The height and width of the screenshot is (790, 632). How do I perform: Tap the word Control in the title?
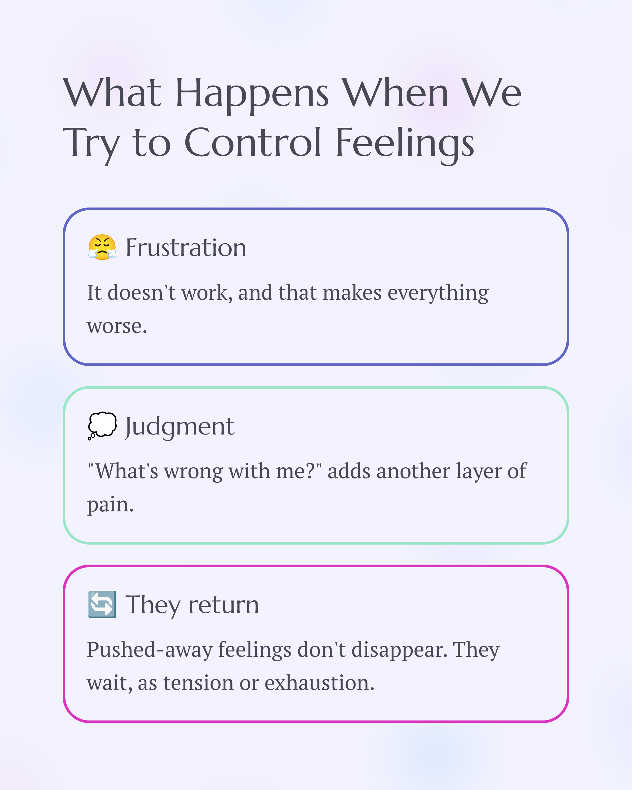[x=253, y=143]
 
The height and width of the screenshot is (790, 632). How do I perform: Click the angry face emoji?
[x=102, y=247]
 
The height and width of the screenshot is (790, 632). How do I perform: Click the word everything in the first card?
[x=438, y=293]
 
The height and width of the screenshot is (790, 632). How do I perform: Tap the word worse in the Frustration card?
[x=116, y=326]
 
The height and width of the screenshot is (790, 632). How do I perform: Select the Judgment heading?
[x=180, y=427]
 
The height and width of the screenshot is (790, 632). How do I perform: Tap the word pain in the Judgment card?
[x=110, y=505]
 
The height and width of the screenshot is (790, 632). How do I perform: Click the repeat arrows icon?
[x=102, y=604]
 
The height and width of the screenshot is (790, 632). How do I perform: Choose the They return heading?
[x=192, y=605]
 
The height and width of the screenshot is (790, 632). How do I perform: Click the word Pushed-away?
[x=150, y=650]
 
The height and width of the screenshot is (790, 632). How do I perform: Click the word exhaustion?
[x=319, y=683]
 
